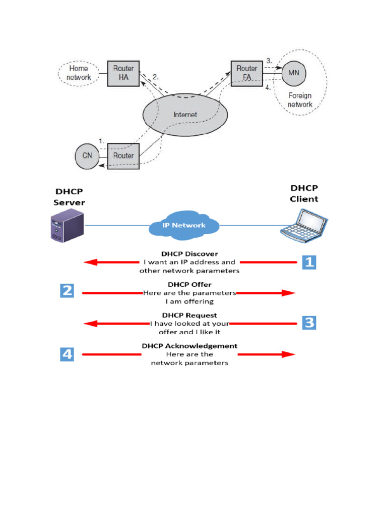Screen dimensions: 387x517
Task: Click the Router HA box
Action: coord(123,74)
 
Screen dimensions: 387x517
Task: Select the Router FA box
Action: coord(247,74)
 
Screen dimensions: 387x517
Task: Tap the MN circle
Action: coord(294,73)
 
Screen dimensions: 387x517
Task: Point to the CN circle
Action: coord(87,157)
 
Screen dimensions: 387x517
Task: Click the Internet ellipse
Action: coord(185,115)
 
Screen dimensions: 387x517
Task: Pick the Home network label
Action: coord(79,73)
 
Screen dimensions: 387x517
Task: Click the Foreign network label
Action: coord(300,100)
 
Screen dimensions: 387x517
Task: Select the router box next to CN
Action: coord(123,157)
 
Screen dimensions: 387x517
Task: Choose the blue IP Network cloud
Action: coord(184,225)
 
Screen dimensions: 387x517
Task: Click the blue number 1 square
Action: coord(309,263)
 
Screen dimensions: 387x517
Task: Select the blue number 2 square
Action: coord(67,290)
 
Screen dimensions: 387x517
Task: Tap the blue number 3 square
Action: coord(309,323)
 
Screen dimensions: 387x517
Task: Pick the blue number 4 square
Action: coord(67,354)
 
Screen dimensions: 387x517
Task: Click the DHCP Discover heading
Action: coord(189,254)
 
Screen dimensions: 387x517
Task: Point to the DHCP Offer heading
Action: coord(189,285)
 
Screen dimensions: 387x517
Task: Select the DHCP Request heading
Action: coord(189,315)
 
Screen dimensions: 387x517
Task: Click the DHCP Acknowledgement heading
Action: coord(189,346)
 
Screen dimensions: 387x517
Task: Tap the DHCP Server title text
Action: coord(69,197)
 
